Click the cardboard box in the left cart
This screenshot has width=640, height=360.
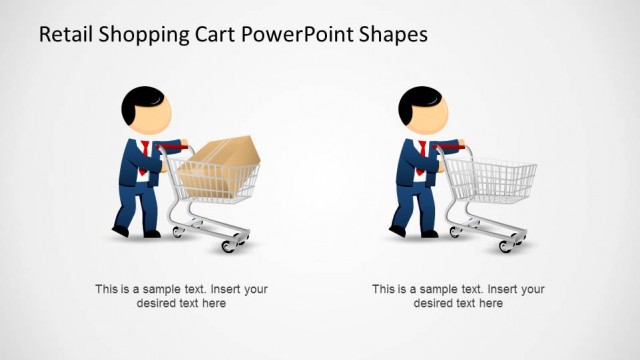(226, 160)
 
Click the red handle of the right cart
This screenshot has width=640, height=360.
(452, 146)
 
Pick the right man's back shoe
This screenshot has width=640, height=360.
(397, 231)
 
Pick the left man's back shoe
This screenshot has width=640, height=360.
(121, 231)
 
